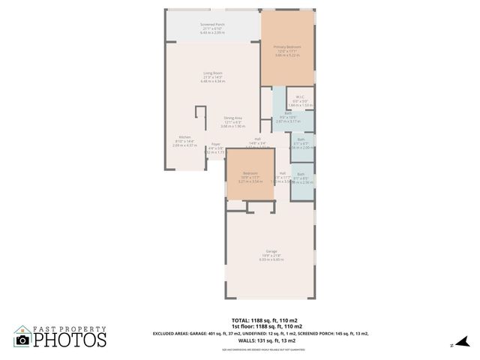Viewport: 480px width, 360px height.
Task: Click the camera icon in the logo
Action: click(x=22, y=340)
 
